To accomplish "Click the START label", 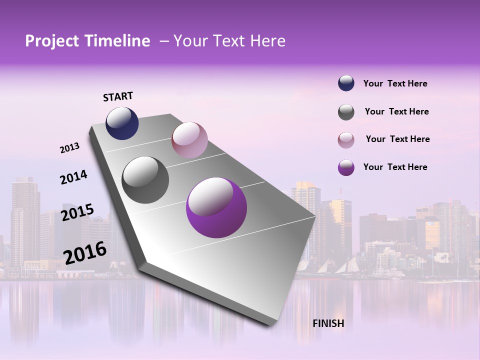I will click(x=118, y=96).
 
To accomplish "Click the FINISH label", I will click(x=328, y=323).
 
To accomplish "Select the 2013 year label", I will click(x=70, y=148).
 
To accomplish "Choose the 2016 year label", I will click(x=85, y=252).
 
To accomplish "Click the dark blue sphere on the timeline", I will click(x=122, y=123).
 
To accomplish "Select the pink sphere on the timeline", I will click(x=189, y=140).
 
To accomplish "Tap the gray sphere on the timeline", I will click(x=145, y=180).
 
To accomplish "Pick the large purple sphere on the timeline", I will click(x=216, y=208).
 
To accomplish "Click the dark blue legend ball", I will click(x=346, y=83).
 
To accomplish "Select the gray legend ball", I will click(x=346, y=112).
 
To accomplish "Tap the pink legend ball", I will click(x=346, y=140).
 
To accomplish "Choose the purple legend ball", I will click(x=346, y=167).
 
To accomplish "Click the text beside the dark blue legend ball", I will click(x=395, y=83).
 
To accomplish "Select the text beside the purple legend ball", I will click(x=395, y=167).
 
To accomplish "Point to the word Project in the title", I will click(x=52, y=41).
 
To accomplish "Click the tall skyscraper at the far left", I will click(x=25, y=220).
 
